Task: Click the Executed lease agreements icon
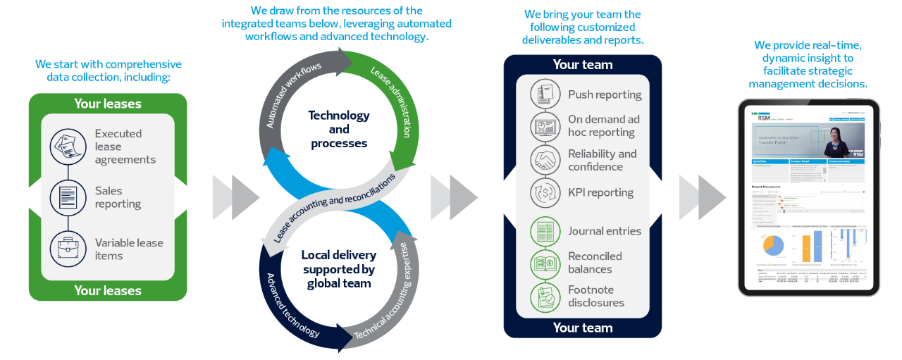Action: point(68,147)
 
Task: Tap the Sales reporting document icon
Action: point(68,197)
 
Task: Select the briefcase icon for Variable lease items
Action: point(68,249)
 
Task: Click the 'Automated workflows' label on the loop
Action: point(293,94)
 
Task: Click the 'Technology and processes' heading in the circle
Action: point(338,129)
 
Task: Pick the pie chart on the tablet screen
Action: point(773,245)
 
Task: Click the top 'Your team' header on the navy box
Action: point(582,65)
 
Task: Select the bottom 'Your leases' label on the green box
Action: point(107,290)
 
